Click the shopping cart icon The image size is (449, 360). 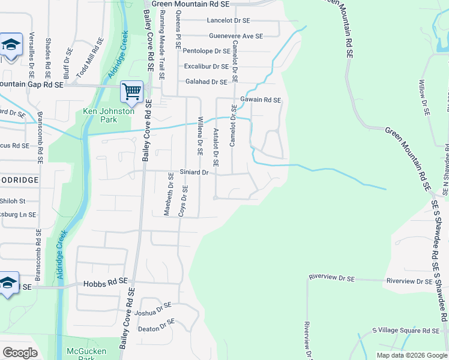point(131,92)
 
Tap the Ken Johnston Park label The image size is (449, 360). point(108,115)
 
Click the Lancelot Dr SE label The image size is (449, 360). point(228,20)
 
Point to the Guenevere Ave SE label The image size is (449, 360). point(236,36)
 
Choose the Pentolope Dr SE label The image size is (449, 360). point(206,52)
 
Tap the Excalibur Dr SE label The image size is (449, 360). point(206,67)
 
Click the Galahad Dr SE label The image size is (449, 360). point(205,82)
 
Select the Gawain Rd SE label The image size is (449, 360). point(261,100)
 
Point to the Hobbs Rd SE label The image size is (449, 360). point(106,281)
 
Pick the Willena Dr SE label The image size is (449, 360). point(200,134)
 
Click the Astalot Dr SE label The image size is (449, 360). point(215,146)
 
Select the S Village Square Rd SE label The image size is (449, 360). point(406,331)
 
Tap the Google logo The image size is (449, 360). point(20,353)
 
